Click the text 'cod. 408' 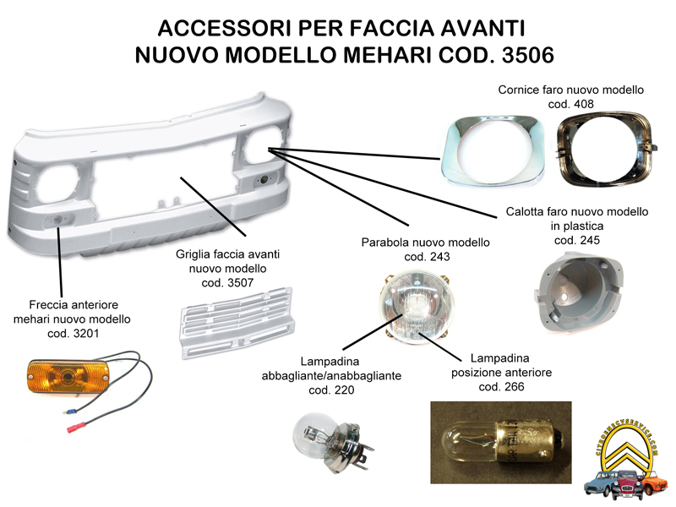[x=570, y=103]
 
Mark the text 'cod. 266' [x=502, y=386]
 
